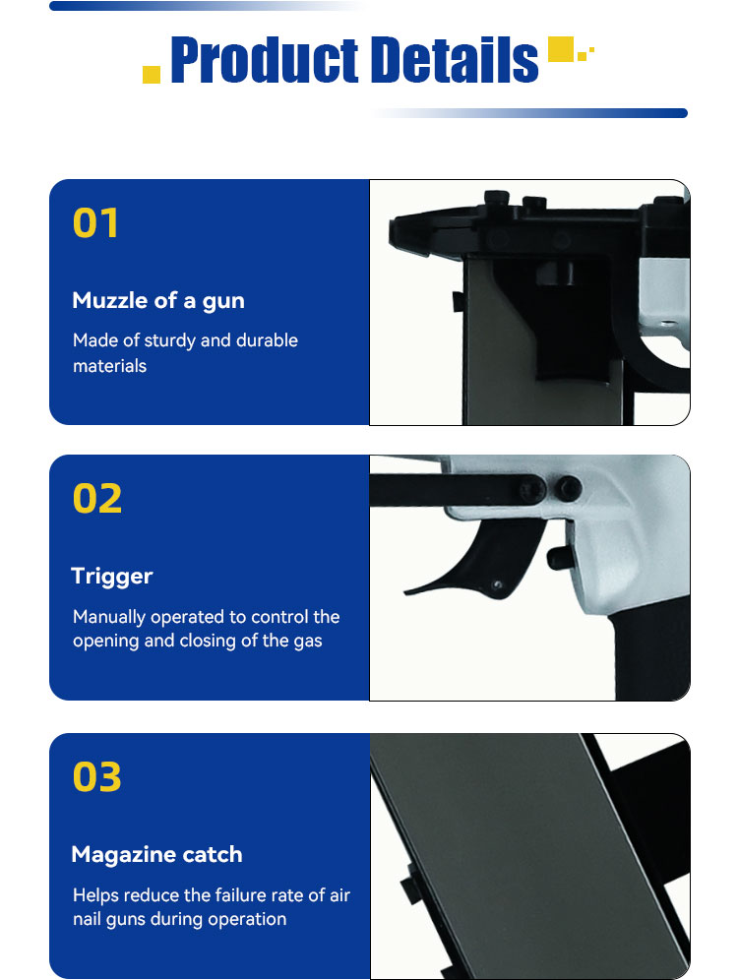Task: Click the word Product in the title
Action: [265, 60]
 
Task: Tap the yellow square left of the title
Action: [152, 75]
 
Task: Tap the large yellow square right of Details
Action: [561, 49]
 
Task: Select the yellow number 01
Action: [95, 223]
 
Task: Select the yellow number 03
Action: [96, 777]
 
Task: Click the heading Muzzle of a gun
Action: [158, 301]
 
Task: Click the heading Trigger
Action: [112, 577]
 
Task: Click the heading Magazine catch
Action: [156, 854]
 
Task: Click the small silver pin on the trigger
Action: [498, 585]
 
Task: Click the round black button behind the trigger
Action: [558, 558]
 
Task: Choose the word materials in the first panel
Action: [109, 366]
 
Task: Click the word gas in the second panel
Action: [308, 642]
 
